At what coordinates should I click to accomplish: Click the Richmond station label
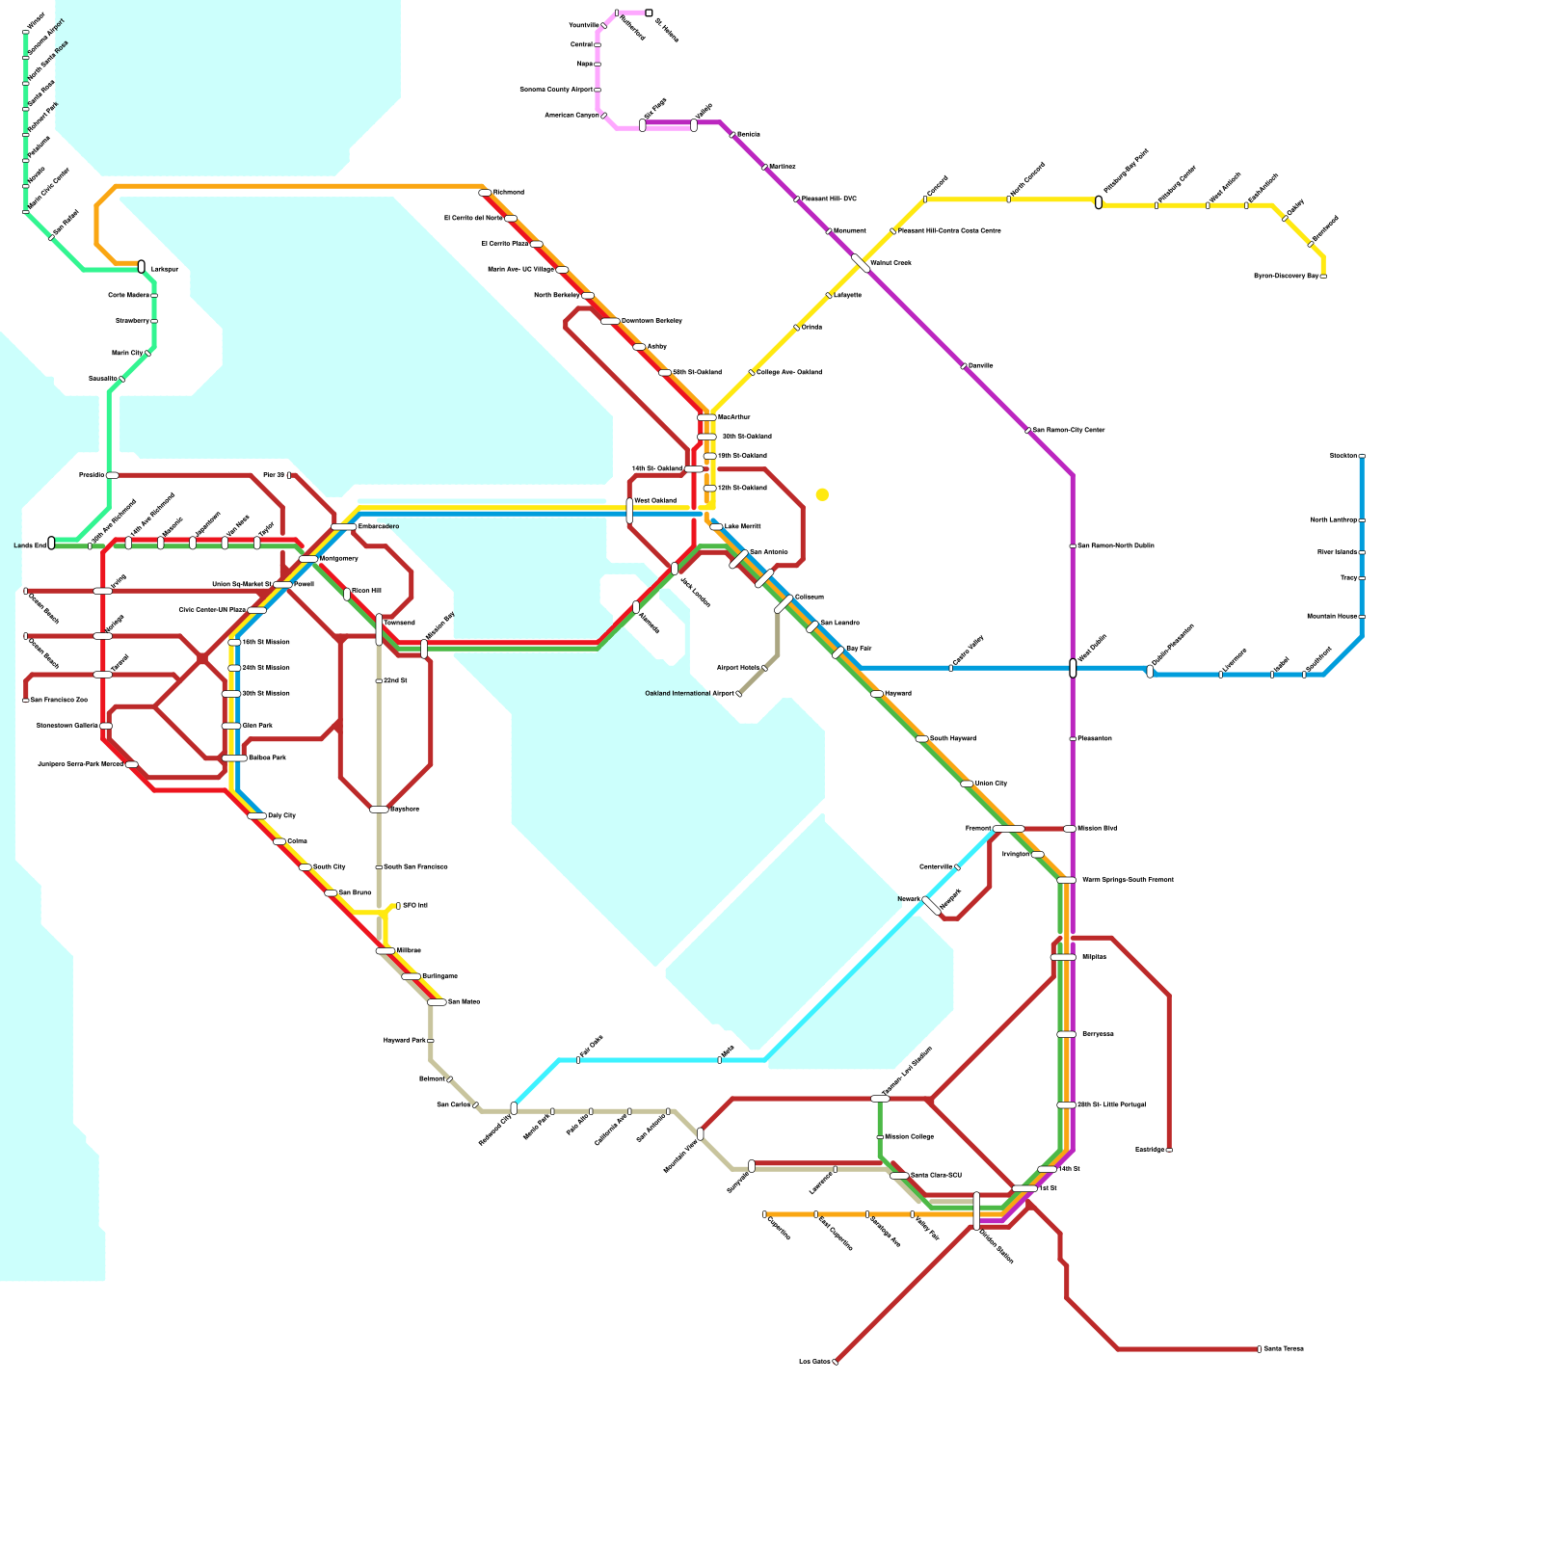tap(508, 193)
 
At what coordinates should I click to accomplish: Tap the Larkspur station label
tap(165, 269)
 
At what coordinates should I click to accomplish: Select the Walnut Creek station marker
tap(861, 263)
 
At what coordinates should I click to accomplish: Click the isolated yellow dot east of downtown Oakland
tap(822, 494)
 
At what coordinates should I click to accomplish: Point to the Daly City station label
tap(281, 815)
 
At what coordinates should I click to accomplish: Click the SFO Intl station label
tap(414, 906)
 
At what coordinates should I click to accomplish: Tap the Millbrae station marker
tap(385, 951)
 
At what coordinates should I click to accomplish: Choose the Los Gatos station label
tap(814, 1362)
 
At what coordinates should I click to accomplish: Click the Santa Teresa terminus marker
tap(1259, 1349)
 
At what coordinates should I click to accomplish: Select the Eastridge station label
tap(1150, 1150)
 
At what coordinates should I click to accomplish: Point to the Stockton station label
tap(1343, 455)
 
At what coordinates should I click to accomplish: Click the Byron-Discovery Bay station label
tap(1286, 277)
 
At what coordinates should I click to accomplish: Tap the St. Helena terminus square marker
tap(649, 13)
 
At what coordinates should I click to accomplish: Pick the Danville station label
tap(980, 366)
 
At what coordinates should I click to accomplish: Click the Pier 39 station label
tap(273, 475)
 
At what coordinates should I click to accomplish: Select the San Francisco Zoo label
tap(59, 700)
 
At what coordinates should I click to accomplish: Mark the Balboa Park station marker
tap(234, 758)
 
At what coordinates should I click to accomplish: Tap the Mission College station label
tap(909, 1137)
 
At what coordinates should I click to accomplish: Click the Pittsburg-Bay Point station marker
tap(1099, 202)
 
